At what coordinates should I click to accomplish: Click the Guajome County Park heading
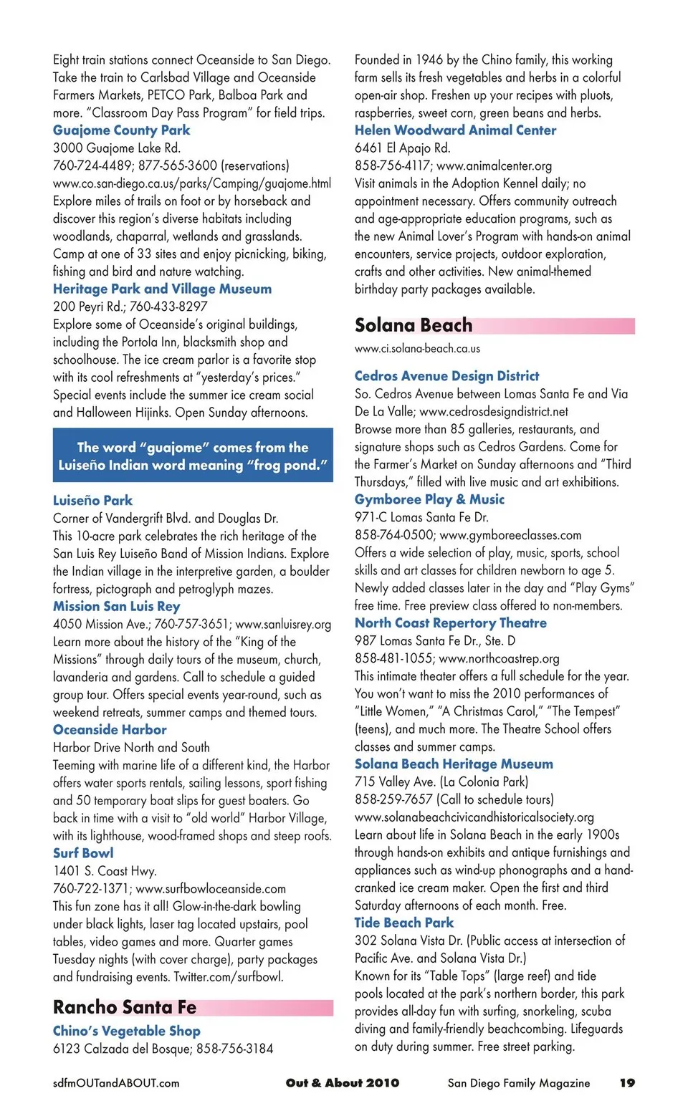121,130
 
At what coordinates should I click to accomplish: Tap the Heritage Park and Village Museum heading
162,289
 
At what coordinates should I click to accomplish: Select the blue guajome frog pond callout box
193,456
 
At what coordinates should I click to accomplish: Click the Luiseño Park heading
92,501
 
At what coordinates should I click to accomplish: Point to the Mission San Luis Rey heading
116,606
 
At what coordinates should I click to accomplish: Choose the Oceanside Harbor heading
110,730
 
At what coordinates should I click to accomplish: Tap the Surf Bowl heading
83,853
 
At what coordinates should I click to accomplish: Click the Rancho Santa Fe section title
125,1007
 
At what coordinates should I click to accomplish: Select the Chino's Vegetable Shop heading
127,1031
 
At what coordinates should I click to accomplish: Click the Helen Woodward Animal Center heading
455,130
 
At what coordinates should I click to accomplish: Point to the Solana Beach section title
414,325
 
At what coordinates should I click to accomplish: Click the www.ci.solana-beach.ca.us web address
417,349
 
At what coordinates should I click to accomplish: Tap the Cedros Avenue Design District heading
446,376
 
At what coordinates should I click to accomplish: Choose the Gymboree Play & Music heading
429,499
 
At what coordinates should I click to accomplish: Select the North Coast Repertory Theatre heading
450,623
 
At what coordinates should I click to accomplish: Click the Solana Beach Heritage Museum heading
454,764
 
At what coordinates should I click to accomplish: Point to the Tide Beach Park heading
403,923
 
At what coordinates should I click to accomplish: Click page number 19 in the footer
627,1083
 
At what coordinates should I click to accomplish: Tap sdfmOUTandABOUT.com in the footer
116,1083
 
